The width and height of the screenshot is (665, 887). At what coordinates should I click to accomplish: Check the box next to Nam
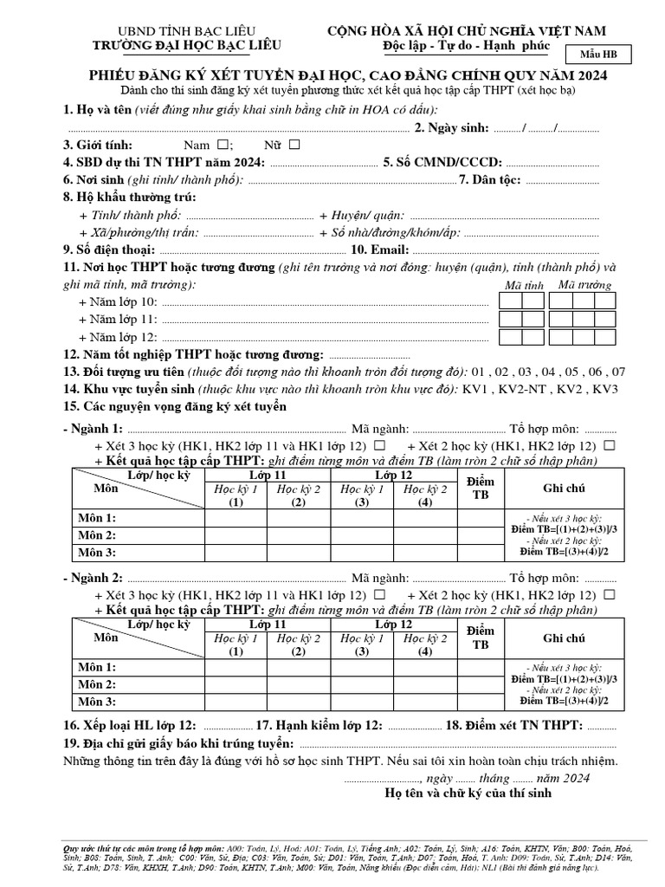coord(223,145)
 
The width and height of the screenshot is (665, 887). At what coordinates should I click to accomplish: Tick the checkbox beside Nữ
coord(294,145)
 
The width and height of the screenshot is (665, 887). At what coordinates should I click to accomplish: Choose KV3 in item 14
coord(605,389)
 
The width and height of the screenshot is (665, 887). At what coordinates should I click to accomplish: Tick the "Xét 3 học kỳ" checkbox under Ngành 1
coord(378,445)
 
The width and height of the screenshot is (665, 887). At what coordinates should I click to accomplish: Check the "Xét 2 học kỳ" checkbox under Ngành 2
coord(610,595)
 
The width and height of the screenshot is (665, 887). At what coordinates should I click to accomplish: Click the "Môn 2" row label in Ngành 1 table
coord(97,534)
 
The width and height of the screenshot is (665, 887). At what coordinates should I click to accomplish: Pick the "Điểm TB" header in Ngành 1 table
coord(480,488)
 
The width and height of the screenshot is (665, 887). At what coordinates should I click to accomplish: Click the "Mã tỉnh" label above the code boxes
coord(524,285)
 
